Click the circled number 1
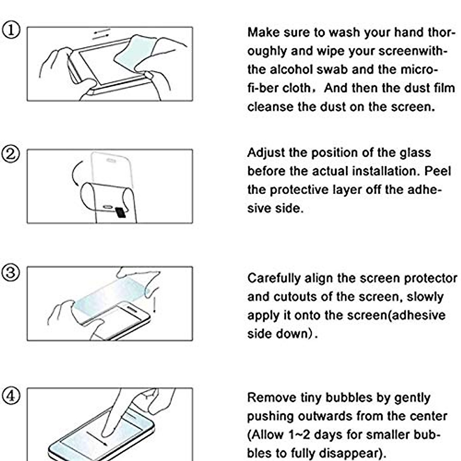[11, 30]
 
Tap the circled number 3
[11, 273]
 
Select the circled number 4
[11, 395]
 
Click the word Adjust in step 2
[266, 153]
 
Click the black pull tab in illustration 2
[121, 212]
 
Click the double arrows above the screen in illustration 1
[101, 34]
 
